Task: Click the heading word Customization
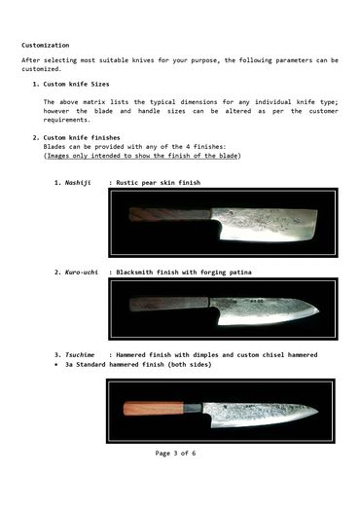46,46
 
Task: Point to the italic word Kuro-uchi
84,272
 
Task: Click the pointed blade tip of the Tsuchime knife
314,412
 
